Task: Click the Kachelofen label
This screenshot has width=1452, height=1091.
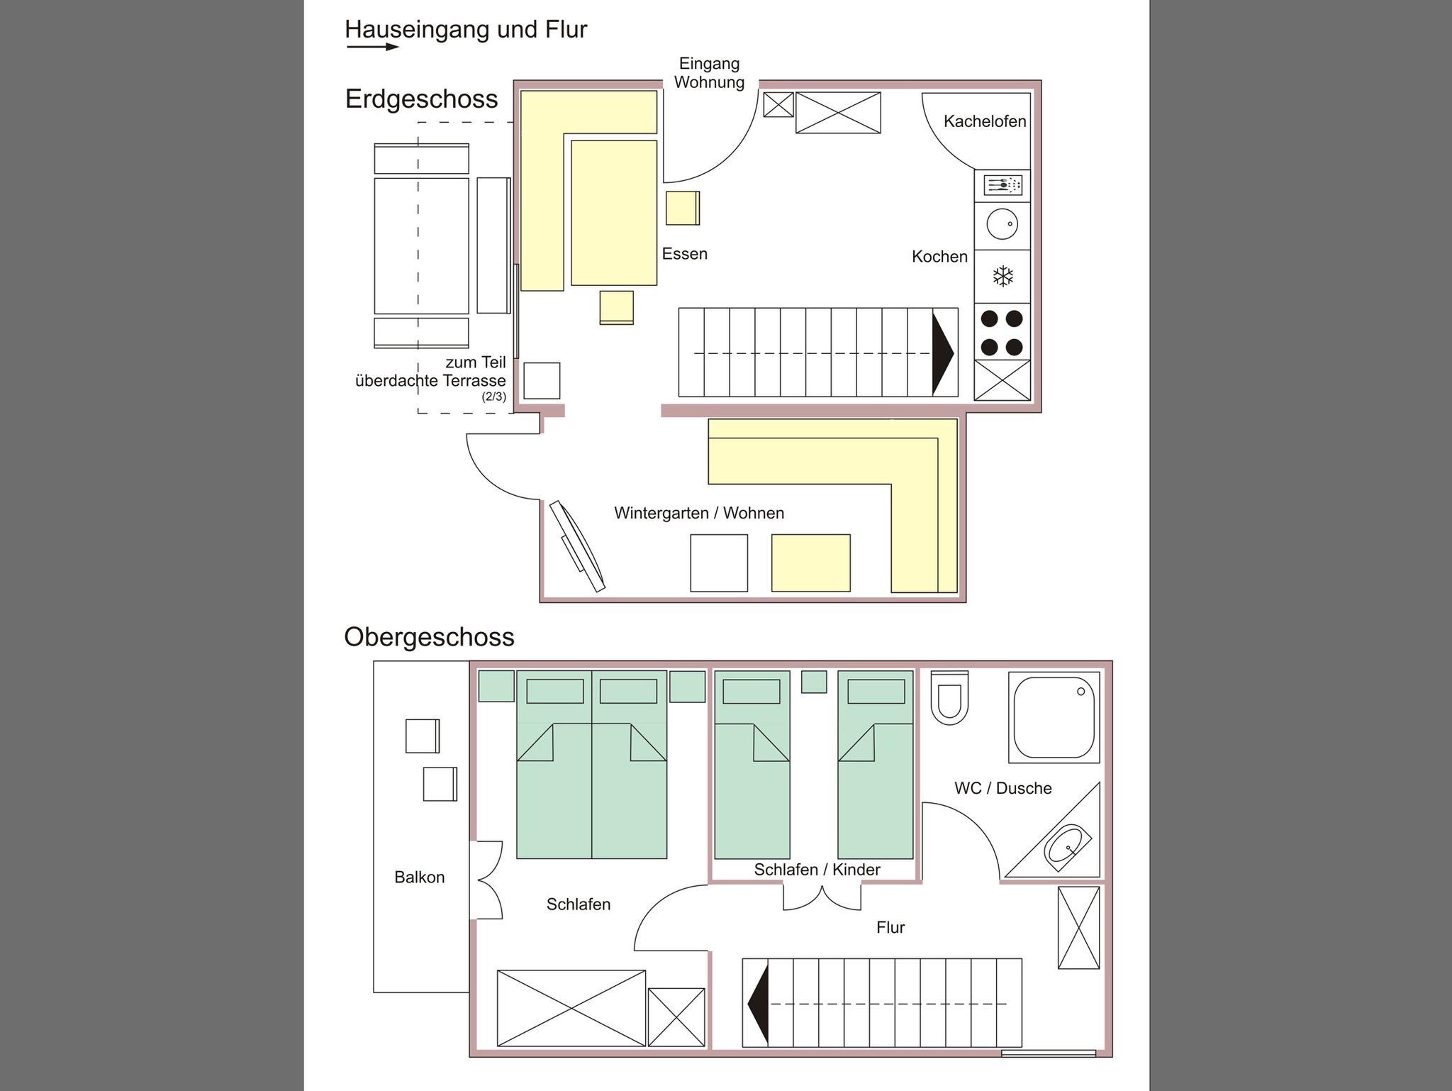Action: tap(985, 121)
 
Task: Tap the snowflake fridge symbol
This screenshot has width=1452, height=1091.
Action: tap(1003, 276)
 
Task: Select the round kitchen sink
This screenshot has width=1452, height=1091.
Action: tap(1003, 224)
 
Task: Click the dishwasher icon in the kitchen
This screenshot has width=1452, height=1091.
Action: tap(1003, 185)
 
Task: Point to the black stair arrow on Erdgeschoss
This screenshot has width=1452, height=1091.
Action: tap(943, 353)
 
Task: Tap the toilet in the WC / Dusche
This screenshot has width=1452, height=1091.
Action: tap(949, 698)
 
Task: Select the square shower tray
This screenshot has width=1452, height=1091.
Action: tap(1054, 717)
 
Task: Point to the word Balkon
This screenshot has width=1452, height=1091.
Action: tap(420, 877)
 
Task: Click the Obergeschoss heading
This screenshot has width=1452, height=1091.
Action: tap(429, 637)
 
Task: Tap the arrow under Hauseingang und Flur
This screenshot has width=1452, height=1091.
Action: tap(373, 48)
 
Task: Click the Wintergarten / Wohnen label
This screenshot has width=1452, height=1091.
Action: tap(699, 513)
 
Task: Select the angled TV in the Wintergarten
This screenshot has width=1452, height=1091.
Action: tap(578, 545)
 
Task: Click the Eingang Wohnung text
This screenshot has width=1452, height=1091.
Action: tap(709, 73)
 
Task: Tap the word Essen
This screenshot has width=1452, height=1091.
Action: tap(685, 254)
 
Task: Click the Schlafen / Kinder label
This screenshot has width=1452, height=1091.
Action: tap(817, 870)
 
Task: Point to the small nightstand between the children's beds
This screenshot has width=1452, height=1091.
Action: tap(814, 682)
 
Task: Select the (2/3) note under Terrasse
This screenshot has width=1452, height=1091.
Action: tap(494, 397)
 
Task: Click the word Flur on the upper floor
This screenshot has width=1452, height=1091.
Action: tap(890, 928)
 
